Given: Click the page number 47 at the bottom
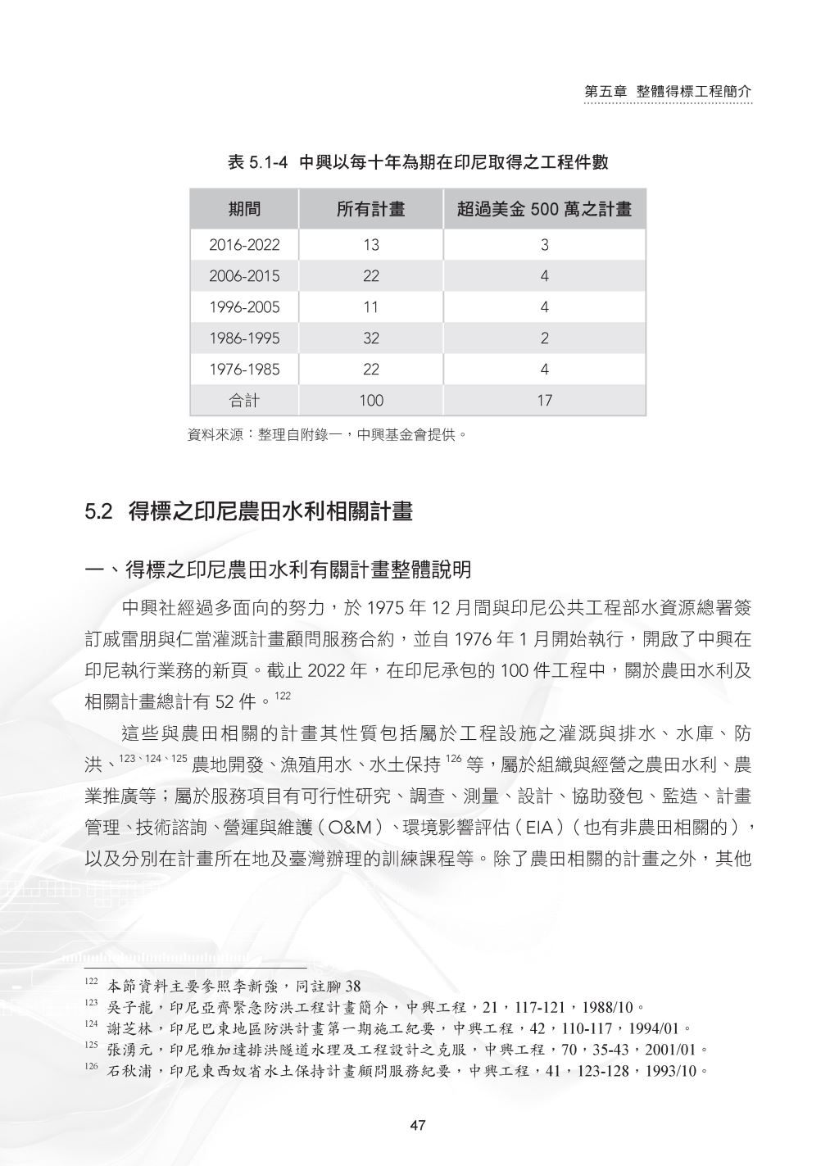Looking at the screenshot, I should pyautogui.click(x=418, y=1125).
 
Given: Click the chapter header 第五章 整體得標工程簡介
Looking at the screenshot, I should pyautogui.click(x=668, y=92).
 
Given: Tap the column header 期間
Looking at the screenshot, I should pyautogui.click(x=244, y=210).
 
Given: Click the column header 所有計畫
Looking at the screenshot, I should pyautogui.click(x=371, y=210).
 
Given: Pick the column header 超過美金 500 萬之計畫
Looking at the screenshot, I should pyautogui.click(x=544, y=210).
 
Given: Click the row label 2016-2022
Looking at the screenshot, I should pyautogui.click(x=244, y=245).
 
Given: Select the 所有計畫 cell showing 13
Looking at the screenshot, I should pyautogui.click(x=371, y=245).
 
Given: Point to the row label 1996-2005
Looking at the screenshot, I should pyautogui.click(x=244, y=307).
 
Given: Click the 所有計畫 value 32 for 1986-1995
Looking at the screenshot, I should pyautogui.click(x=371, y=338).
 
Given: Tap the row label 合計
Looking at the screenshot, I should pyautogui.click(x=244, y=401).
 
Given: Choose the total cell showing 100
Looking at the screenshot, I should pyautogui.click(x=371, y=401).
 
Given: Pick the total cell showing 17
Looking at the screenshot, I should pyautogui.click(x=544, y=401).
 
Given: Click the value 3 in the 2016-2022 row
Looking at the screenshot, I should pyautogui.click(x=544, y=245).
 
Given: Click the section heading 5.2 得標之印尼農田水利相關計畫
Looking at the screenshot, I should pyautogui.click(x=249, y=513).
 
